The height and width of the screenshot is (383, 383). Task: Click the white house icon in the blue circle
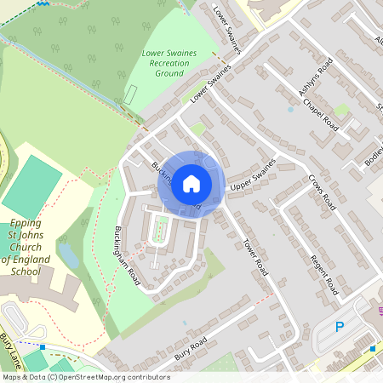(x=191, y=183)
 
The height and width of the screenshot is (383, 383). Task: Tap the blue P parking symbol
(x=340, y=326)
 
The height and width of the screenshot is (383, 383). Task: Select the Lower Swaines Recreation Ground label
(x=169, y=63)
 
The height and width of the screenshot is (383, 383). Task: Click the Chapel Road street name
(x=320, y=118)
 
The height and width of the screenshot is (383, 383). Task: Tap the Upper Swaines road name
(x=254, y=174)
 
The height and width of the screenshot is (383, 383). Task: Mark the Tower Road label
(x=257, y=255)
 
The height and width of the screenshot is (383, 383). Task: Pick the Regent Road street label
(x=324, y=274)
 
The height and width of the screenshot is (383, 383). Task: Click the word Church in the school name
(x=44, y=248)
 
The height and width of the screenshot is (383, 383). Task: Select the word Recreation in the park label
(x=169, y=63)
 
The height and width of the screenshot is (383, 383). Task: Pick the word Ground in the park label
(x=169, y=74)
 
